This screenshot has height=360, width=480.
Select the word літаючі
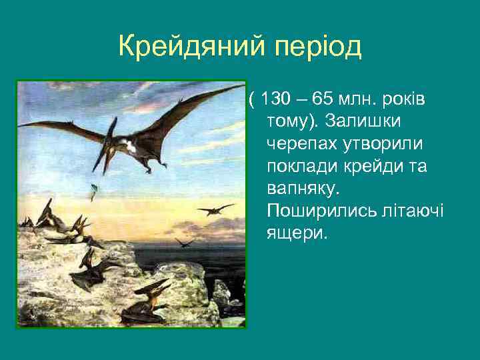415,211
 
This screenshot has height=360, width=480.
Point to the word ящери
297,233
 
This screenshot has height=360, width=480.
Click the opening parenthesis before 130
252,100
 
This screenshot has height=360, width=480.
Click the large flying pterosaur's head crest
111,124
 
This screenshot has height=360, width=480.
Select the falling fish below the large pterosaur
93,191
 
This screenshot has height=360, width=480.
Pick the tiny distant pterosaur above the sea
184,241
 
